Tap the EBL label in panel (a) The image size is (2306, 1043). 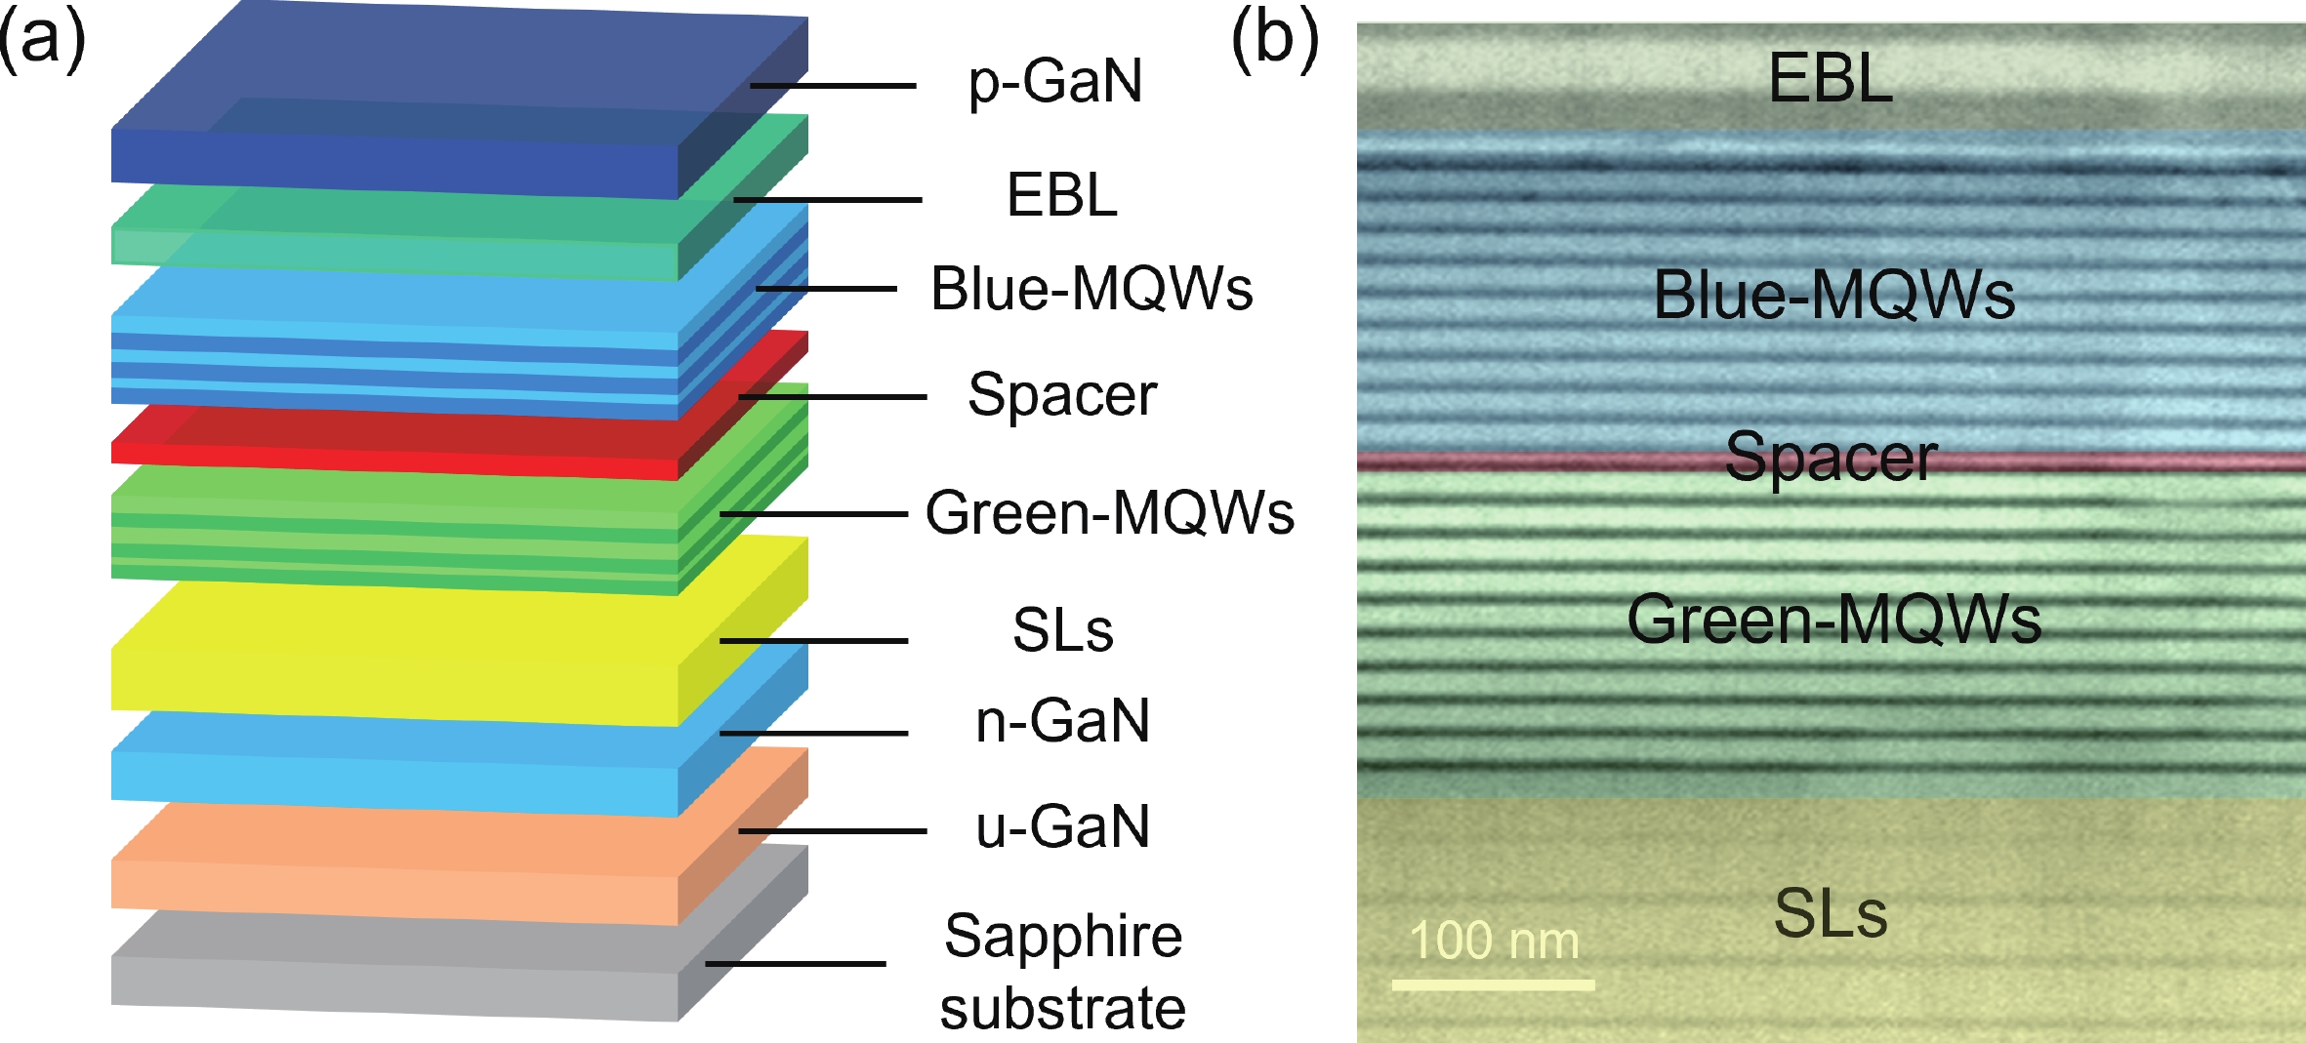1061,195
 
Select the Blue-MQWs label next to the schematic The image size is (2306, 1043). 1091,289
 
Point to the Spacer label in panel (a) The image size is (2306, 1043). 1062,395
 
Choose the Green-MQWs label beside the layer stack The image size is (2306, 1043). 1110,512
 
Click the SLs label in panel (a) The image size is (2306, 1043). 1062,629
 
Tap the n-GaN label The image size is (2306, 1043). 1062,721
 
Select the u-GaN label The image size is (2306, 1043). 1062,826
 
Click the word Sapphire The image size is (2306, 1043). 1063,937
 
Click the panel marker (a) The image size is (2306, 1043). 42,41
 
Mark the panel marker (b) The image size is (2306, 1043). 1274,41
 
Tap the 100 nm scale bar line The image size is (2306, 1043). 1493,985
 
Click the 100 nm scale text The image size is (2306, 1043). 1494,941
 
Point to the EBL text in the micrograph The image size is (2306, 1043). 1831,78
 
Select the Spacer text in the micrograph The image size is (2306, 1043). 1831,457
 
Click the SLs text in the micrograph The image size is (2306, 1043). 1831,913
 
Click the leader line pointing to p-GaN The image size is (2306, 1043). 832,86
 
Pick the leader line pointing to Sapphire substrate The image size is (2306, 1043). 796,963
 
